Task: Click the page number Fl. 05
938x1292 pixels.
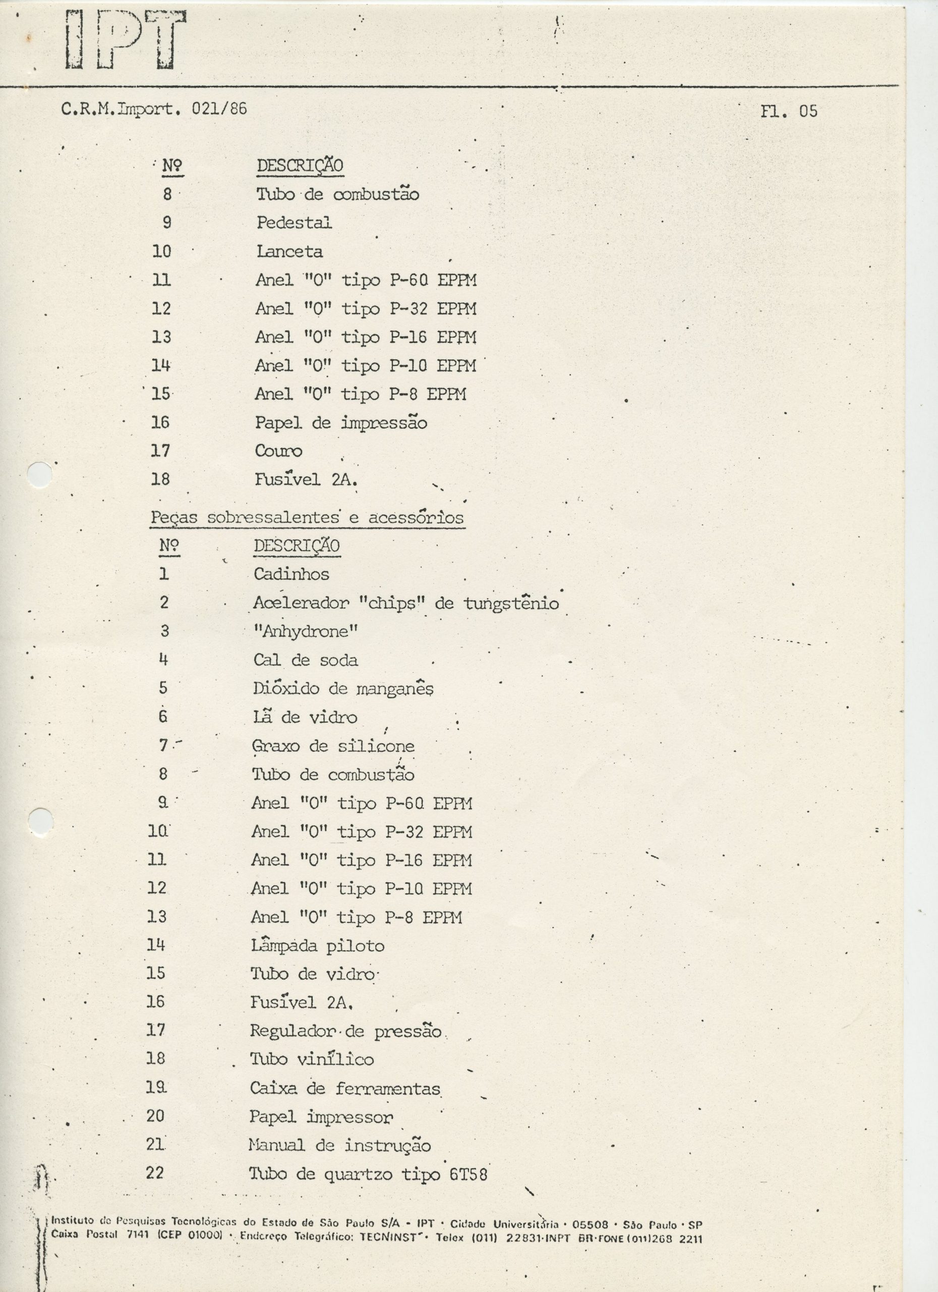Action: [x=788, y=111]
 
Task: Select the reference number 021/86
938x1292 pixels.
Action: [x=219, y=108]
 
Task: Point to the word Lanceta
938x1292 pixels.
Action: [x=289, y=251]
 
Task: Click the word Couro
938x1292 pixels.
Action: [x=278, y=451]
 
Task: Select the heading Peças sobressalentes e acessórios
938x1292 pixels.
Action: [x=307, y=518]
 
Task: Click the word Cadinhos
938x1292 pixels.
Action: [x=291, y=574]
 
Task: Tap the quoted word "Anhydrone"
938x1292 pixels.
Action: [x=305, y=631]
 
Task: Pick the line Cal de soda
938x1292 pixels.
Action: [x=306, y=660]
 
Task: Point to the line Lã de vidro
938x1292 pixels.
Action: [x=305, y=717]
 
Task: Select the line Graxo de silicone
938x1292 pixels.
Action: [x=333, y=746]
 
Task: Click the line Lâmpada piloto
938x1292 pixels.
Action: [x=318, y=946]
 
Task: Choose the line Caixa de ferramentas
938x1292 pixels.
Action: [x=345, y=1089]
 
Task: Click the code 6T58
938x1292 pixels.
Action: [x=468, y=1174]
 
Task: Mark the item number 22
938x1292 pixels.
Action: [x=155, y=1173]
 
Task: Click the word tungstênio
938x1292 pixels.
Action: [x=511, y=603]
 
